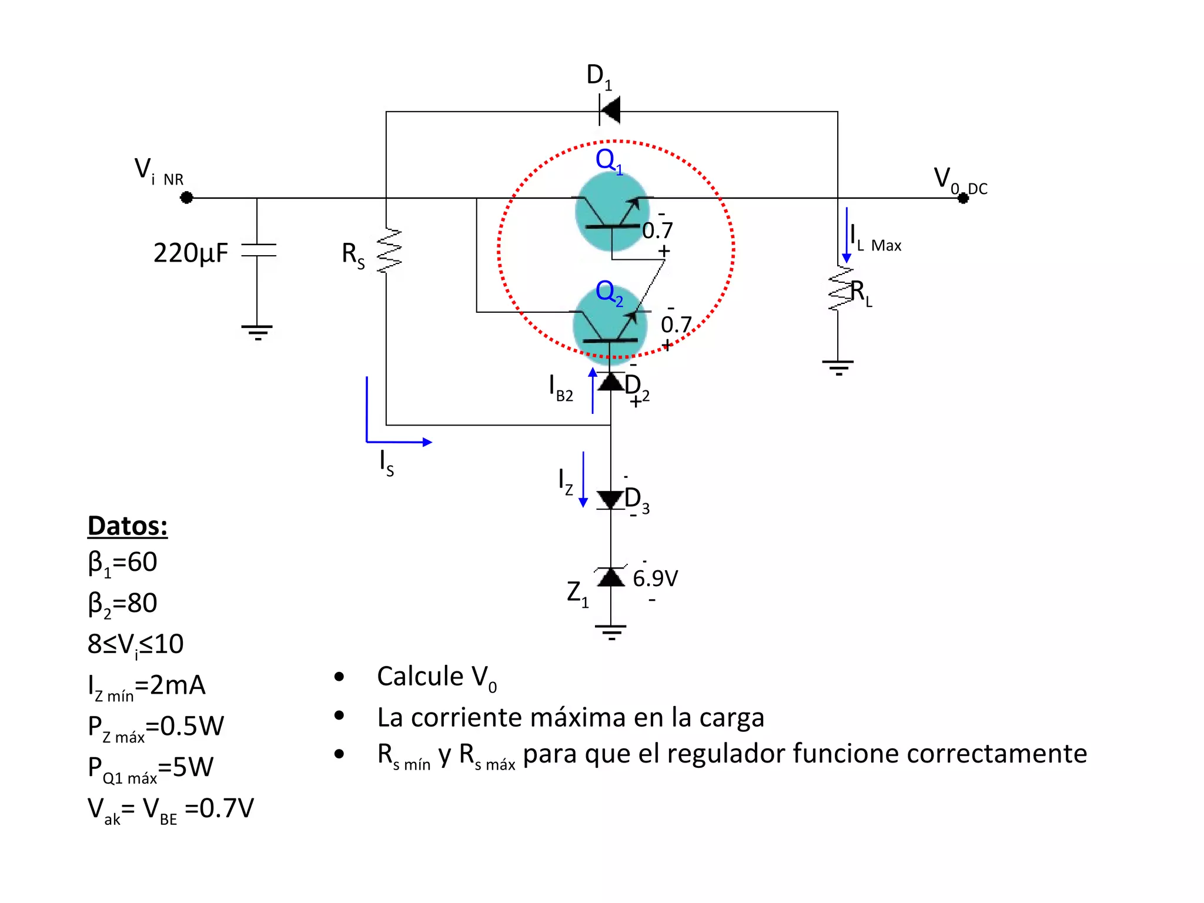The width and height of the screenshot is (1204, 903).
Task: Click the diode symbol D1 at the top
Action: coord(610,110)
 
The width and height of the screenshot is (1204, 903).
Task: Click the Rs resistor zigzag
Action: coord(389,251)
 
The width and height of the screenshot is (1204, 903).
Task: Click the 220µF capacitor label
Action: coord(190,253)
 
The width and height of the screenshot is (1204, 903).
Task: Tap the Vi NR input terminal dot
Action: coord(186,198)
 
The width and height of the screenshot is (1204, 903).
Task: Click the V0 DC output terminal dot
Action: coord(962,198)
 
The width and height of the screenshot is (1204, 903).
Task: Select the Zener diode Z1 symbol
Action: coord(611,577)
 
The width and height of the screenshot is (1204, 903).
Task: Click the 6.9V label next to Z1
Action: coord(655,578)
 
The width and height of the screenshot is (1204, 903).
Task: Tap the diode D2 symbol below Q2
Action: coord(611,382)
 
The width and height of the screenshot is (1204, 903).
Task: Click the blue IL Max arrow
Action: coord(847,235)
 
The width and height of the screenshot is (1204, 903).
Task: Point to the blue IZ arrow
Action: coord(583,479)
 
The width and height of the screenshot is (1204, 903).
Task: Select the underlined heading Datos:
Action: coord(128,526)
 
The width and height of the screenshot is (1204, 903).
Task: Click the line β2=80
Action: coord(122,604)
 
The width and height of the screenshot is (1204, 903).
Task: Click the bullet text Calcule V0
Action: coord(436,677)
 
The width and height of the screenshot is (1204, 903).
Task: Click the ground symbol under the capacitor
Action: coord(257,332)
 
